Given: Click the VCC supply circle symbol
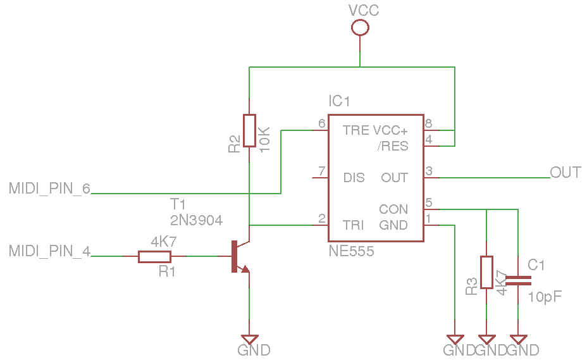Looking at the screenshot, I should point(360,27).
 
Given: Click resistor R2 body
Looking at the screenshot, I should point(250,131).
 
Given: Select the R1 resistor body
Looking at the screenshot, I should point(155,256).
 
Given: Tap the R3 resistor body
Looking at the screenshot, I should point(486,272).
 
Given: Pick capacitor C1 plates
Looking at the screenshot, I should point(518,280).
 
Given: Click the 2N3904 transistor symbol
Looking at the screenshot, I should point(239,256).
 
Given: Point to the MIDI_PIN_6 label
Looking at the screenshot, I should point(49,189).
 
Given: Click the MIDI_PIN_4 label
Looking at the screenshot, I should point(49,251).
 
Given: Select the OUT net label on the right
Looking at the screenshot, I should point(565,172).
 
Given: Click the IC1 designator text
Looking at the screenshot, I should point(339,101).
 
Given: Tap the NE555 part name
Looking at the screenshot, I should point(351,251).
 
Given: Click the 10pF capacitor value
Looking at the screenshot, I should point(545,297).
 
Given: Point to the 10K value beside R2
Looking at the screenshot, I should point(264,137).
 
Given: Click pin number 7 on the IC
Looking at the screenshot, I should point(322,171).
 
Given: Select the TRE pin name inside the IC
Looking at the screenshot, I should point(355,130).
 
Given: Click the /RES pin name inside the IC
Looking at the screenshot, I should point(393,146).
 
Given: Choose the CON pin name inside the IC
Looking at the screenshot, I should point(393,209).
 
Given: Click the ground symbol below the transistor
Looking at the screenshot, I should point(250,340).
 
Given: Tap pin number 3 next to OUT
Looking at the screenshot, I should point(429,171).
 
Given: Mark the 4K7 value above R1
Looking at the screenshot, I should point(163,242).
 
